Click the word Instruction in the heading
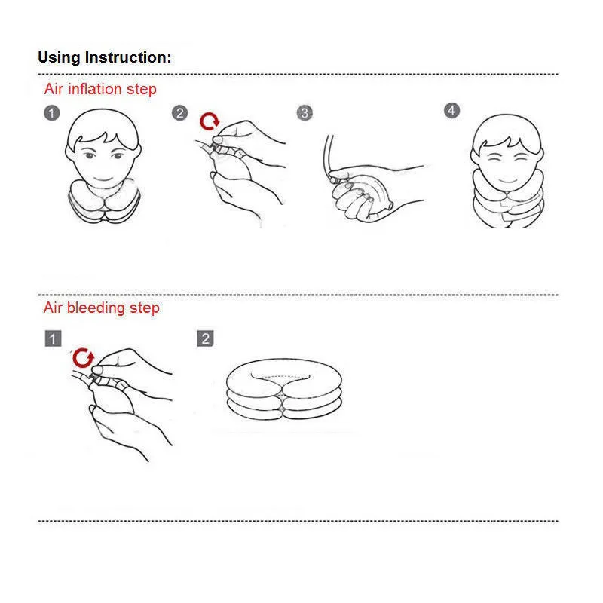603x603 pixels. pos(128,57)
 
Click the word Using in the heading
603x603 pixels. pos(60,58)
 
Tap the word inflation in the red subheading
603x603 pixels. pos(95,89)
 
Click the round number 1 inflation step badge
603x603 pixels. pos(52,113)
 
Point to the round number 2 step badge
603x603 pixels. pos(179,113)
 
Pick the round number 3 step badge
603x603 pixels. pos(305,113)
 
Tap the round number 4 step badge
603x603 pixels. pos(451,111)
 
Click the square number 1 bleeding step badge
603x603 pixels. pos(53,338)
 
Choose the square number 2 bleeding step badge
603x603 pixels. pos(205,338)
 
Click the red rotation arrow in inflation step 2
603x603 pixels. pos(210,121)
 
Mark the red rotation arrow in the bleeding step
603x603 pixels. pos(83,358)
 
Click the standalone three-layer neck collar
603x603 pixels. pos(284,389)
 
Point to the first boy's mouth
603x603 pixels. pos(103,179)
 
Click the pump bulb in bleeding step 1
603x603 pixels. pos(112,397)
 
